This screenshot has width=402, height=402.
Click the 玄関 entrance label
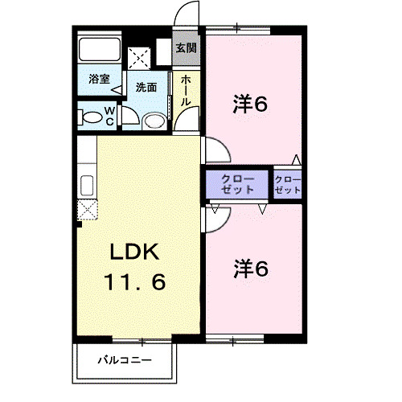[x=186, y=48]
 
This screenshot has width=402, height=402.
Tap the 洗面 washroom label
[x=146, y=87]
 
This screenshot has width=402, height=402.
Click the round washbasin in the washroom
[x=152, y=121]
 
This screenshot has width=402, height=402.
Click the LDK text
[x=136, y=251]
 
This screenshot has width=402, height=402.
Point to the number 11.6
[x=136, y=282]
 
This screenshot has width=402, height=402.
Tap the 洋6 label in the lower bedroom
[x=250, y=268]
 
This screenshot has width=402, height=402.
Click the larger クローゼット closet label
[x=238, y=184]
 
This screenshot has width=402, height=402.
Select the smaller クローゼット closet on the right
[x=287, y=184]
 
